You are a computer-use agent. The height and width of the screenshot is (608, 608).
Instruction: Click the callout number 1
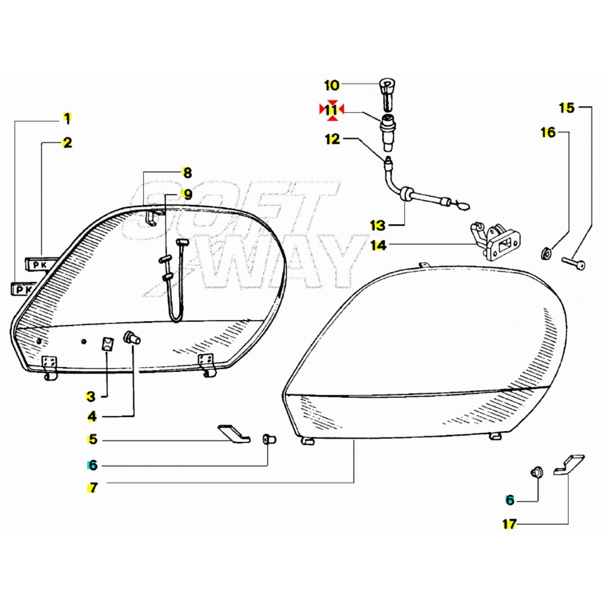click(x=67, y=118)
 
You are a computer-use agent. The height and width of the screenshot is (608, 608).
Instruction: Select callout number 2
click(x=67, y=143)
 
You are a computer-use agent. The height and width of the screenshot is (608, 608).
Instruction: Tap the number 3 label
click(x=91, y=396)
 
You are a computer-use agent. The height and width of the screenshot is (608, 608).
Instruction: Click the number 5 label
click(x=92, y=440)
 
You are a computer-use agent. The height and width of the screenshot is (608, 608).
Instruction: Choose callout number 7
click(x=92, y=488)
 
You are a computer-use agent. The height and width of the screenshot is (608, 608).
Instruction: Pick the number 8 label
click(x=187, y=173)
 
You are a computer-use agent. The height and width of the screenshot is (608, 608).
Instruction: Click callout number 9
click(x=187, y=194)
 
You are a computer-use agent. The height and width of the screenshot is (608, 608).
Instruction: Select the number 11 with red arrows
click(x=331, y=111)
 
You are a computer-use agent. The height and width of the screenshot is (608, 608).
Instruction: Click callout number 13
click(x=378, y=225)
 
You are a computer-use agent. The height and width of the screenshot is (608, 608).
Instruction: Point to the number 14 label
click(x=378, y=245)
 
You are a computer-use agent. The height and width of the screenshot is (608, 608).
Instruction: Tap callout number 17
click(x=509, y=525)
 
